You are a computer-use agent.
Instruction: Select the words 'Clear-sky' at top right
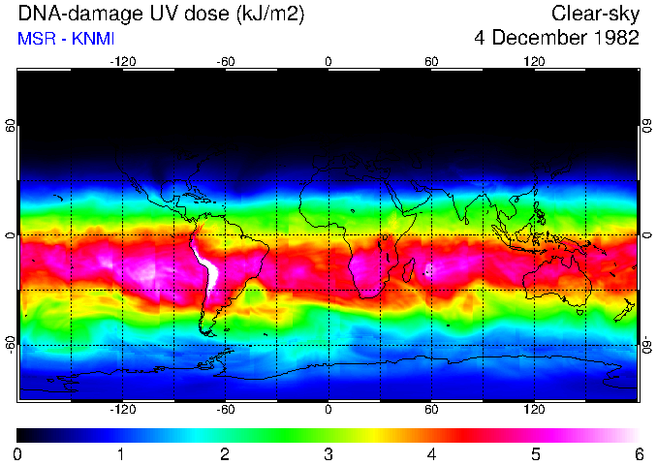[595, 15]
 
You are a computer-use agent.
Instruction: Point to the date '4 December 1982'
[556, 39]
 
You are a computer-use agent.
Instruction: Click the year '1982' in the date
[616, 39]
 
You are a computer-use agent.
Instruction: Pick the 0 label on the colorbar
[18, 453]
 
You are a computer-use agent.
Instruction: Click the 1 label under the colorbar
[121, 453]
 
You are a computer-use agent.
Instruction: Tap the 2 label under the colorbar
[225, 453]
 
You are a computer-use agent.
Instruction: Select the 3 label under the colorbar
[328, 453]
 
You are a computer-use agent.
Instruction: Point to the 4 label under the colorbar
[431, 453]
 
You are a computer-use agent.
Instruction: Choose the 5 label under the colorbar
[535, 453]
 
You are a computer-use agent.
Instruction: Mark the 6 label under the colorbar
[638, 453]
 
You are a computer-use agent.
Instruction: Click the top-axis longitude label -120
[122, 62]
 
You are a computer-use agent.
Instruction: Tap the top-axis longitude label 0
[328, 62]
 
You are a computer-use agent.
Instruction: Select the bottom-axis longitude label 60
[431, 409]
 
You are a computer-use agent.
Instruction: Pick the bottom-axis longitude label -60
[225, 409]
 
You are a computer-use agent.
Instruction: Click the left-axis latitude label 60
[10, 127]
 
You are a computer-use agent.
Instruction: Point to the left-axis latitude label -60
[10, 345]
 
